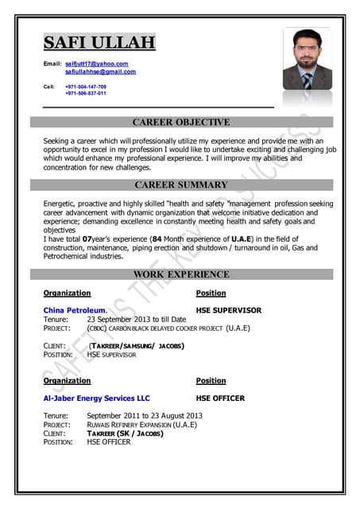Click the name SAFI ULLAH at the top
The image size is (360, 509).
coord(99,43)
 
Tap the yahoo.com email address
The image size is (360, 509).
coord(96,64)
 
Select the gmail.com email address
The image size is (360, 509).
coord(100,72)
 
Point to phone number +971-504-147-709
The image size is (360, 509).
coord(86,86)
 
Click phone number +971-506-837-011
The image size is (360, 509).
coord(86,93)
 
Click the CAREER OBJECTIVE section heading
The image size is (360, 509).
coord(181,122)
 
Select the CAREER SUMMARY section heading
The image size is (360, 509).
coord(181,185)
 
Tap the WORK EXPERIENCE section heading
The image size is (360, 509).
coord(181,274)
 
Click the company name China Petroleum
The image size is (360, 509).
coord(75,310)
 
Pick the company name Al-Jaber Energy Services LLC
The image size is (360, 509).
coord(96,398)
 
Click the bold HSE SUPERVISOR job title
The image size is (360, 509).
coord(228,310)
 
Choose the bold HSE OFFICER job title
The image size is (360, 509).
coord(220,398)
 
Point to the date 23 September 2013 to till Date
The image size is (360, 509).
coord(137,319)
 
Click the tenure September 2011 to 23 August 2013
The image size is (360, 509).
coord(145,416)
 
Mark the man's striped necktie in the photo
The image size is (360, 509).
coord(307,80)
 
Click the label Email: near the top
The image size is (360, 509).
coord(52,64)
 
